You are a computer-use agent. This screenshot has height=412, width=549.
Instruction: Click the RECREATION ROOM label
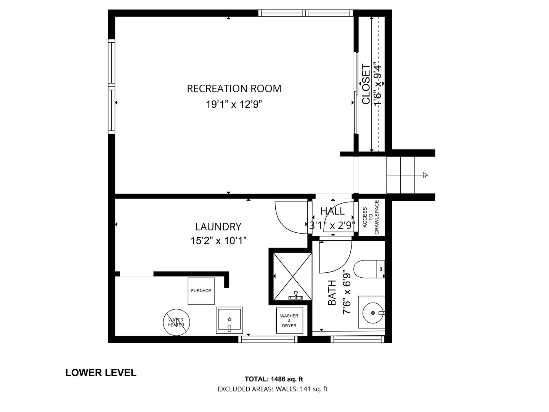(x=234, y=89)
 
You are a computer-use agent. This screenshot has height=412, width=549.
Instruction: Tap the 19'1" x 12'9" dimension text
(x=234, y=104)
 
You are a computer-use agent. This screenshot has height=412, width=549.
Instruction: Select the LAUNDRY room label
(x=218, y=227)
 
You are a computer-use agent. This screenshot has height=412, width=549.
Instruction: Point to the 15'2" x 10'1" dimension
(x=218, y=241)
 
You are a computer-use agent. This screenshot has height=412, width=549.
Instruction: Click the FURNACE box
(x=201, y=291)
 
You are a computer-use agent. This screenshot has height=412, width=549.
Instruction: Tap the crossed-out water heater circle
(x=177, y=322)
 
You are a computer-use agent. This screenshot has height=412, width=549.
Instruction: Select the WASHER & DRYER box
(x=289, y=320)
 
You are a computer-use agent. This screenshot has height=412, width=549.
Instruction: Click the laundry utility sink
(x=230, y=320)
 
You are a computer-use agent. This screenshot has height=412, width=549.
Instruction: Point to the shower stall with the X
(x=292, y=277)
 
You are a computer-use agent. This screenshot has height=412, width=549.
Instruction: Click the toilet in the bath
(x=369, y=269)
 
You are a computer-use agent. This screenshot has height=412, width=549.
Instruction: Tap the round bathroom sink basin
(x=372, y=313)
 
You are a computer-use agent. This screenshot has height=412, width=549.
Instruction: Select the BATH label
(x=332, y=293)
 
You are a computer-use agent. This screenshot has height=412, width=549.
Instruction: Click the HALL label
(x=332, y=211)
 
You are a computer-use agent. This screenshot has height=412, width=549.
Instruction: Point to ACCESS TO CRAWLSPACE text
(x=371, y=217)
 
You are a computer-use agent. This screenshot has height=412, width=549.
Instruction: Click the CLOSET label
(x=366, y=84)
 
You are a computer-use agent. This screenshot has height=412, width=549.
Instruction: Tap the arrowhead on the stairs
(x=425, y=175)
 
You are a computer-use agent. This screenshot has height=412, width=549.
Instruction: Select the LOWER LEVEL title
(x=101, y=373)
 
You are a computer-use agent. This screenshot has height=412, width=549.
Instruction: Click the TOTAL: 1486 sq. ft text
(x=274, y=379)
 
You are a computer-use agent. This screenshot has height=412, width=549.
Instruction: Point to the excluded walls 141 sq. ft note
(x=302, y=389)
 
